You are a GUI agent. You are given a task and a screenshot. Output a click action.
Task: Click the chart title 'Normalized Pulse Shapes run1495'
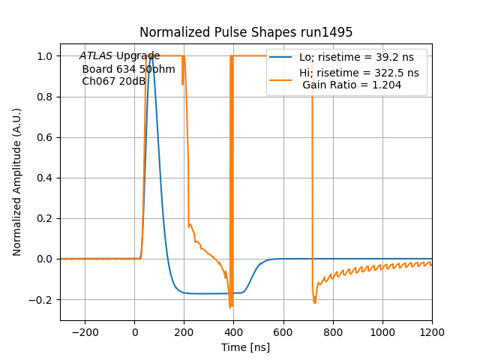pos(246,32)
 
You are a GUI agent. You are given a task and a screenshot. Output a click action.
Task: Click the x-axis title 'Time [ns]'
pos(246,347)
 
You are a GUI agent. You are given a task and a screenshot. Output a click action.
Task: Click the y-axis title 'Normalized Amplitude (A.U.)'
pos(17,181)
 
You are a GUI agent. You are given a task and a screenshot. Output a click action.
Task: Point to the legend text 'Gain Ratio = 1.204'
pos(352,85)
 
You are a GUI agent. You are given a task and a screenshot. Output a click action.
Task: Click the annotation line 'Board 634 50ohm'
pos(128,69)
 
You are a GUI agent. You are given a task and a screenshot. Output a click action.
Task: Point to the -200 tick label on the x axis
pos(85,330)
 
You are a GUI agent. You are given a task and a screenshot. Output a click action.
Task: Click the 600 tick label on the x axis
pos(283,330)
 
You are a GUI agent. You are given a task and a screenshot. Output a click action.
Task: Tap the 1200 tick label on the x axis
pos(431,330)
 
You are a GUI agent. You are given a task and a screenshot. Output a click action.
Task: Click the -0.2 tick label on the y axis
pos(43,299)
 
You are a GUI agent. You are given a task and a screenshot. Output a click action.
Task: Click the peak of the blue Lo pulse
pos(151,56)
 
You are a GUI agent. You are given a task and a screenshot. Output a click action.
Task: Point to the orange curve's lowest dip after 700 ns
pos(314,302)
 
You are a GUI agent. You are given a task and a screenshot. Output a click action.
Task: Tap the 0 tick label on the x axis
pos(134,330)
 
